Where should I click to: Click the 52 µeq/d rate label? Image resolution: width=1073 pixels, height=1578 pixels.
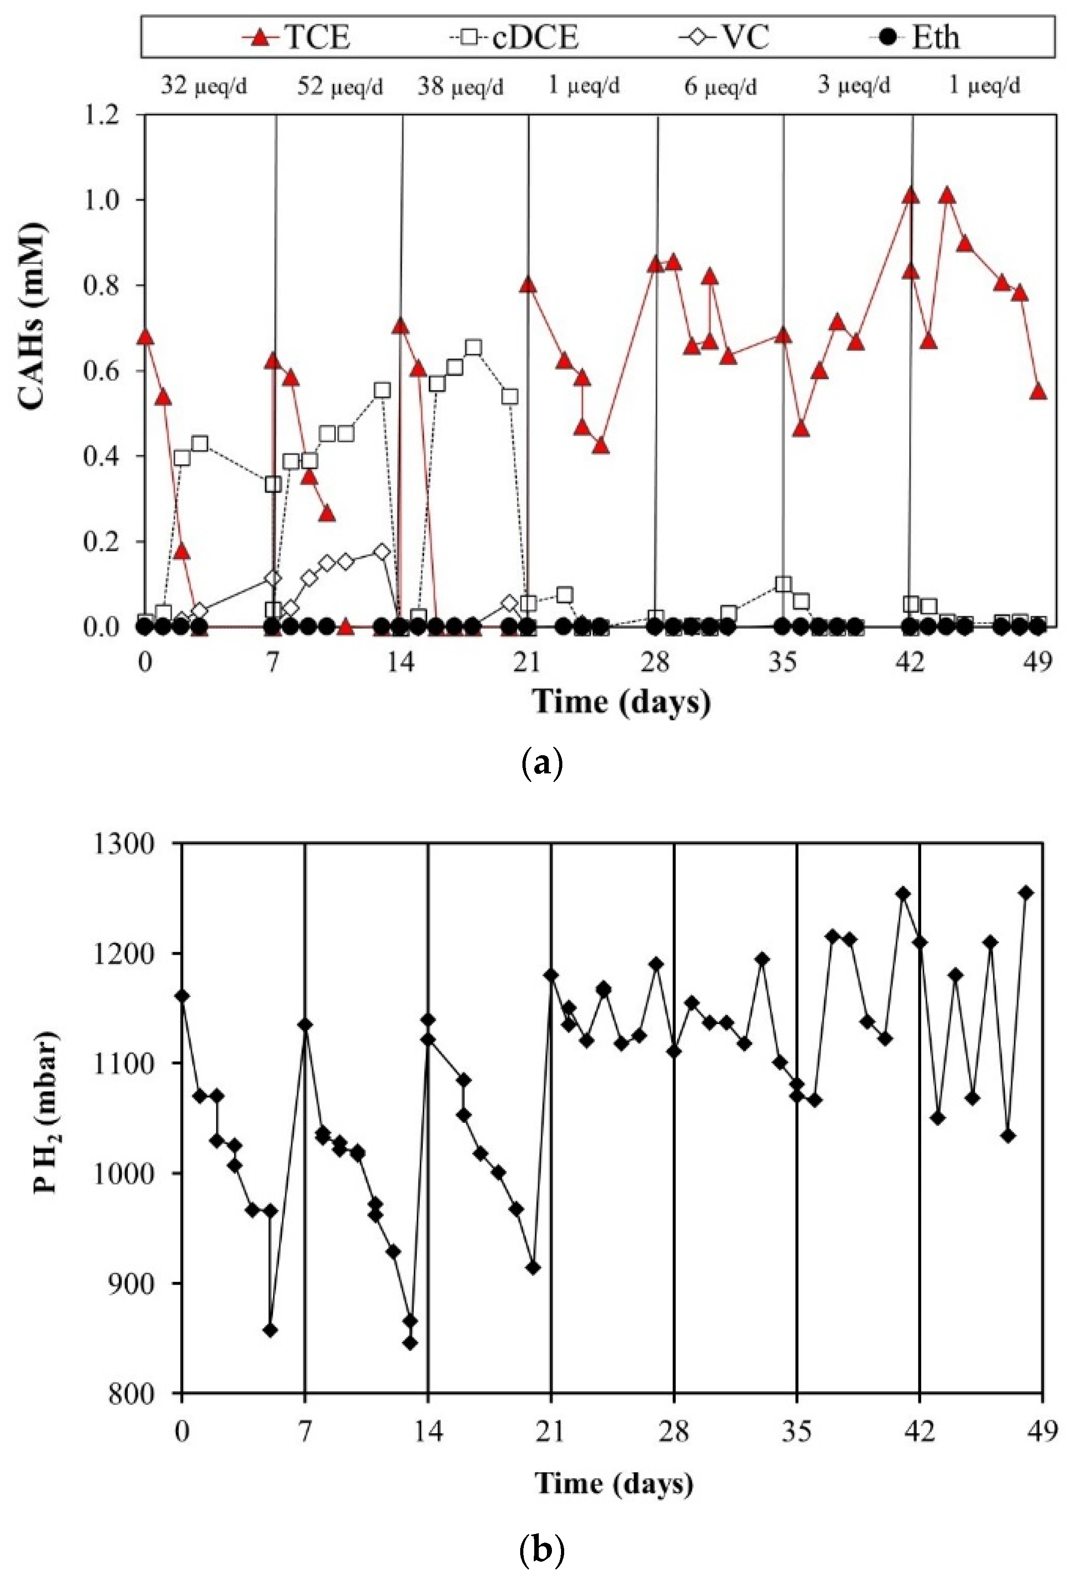(340, 87)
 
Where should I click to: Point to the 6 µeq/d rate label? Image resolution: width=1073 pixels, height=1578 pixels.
(720, 87)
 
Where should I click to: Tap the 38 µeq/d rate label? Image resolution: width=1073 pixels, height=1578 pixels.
(460, 87)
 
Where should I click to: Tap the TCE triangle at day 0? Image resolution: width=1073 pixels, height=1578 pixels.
(145, 337)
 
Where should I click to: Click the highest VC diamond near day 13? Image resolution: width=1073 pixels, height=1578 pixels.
(382, 552)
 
